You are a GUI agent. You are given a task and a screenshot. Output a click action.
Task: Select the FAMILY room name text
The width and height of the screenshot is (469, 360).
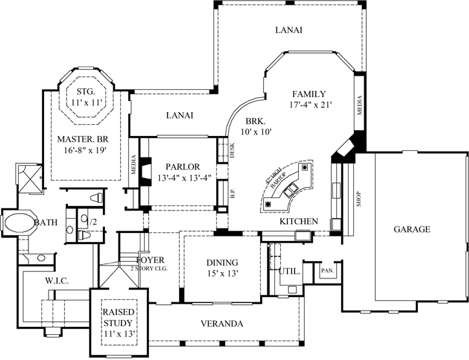tap(309, 93)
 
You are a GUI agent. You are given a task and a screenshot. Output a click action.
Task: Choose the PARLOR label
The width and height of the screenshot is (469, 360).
tap(182, 166)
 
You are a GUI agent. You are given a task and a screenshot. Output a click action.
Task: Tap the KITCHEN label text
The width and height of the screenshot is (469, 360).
tap(298, 221)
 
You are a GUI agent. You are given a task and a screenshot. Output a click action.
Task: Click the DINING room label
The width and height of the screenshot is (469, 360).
tap(222, 263)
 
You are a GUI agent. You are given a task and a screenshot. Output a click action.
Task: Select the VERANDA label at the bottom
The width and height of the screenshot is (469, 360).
tap(221, 323)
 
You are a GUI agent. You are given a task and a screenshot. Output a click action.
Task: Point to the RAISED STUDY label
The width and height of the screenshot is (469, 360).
tap(118, 317)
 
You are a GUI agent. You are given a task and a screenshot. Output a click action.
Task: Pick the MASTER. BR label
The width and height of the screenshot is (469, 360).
tap(81, 139)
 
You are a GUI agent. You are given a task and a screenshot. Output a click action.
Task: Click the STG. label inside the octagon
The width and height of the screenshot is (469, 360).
tap(86, 91)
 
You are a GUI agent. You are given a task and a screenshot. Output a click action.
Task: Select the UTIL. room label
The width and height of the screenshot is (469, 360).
tap(289, 272)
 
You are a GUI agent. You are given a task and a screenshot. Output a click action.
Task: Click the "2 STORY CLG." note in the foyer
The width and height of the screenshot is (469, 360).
tap(149, 268)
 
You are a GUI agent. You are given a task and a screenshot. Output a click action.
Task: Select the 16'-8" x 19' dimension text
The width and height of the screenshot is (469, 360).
tap(81, 150)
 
